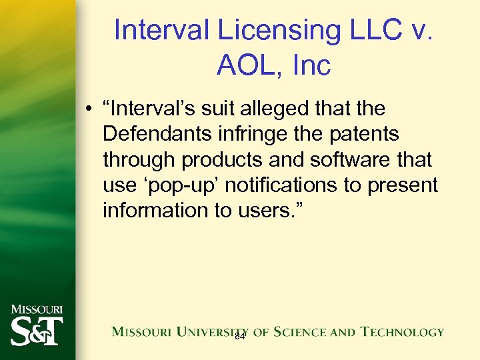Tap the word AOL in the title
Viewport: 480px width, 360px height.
point(248,65)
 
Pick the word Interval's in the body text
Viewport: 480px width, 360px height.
point(153,108)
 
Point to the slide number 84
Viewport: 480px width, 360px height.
point(240,337)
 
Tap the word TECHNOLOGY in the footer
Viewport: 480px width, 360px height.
point(402,331)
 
